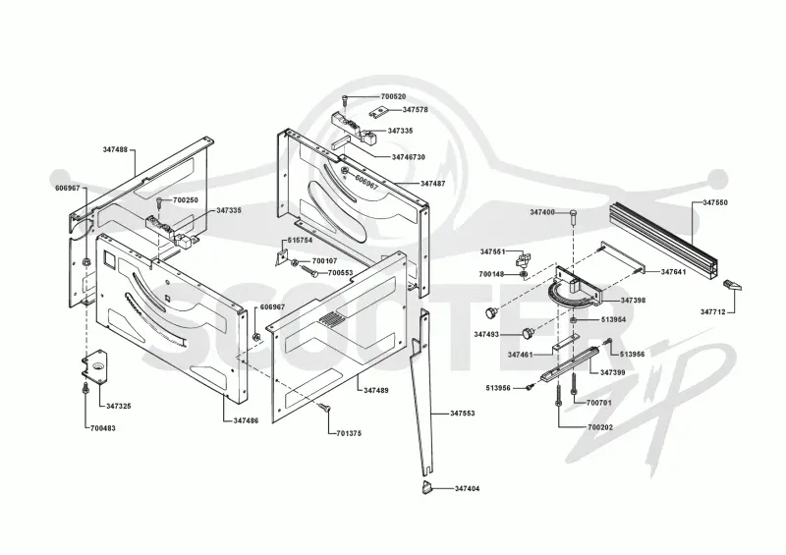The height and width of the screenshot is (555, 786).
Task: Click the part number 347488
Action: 115,149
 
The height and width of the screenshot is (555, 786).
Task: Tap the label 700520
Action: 394,96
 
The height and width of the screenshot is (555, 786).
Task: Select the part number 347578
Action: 416,109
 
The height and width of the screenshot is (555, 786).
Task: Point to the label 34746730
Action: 409,157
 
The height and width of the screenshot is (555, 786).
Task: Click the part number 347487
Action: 433,184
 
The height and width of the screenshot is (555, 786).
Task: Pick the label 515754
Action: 300,240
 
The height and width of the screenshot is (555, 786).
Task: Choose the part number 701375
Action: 349,433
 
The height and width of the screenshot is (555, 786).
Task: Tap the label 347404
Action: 468,488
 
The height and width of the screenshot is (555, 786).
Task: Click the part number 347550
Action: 715,202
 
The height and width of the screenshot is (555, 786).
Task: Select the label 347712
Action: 713,311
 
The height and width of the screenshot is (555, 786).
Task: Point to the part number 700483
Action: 103,428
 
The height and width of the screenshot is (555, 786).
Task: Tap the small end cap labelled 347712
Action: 733,286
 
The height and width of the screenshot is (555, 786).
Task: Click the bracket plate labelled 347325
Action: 95,367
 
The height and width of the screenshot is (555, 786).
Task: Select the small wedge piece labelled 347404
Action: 426,487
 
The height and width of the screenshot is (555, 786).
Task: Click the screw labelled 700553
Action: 309,271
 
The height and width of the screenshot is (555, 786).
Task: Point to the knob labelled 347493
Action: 528,333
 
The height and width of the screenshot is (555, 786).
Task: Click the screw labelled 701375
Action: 325,408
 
